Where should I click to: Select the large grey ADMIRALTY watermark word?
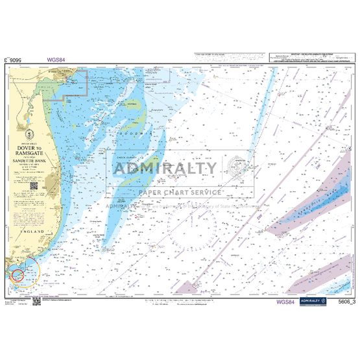point(165,169)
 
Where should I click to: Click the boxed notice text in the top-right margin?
point(310,58)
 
